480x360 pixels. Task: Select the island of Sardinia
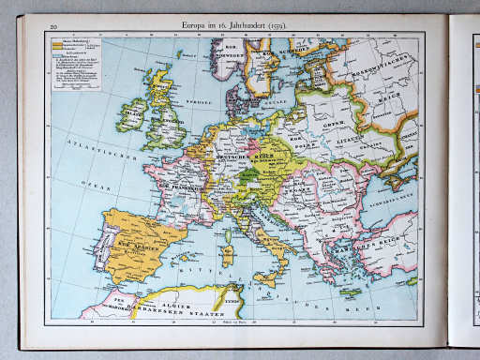[227, 254]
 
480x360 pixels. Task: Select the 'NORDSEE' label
[194, 99]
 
